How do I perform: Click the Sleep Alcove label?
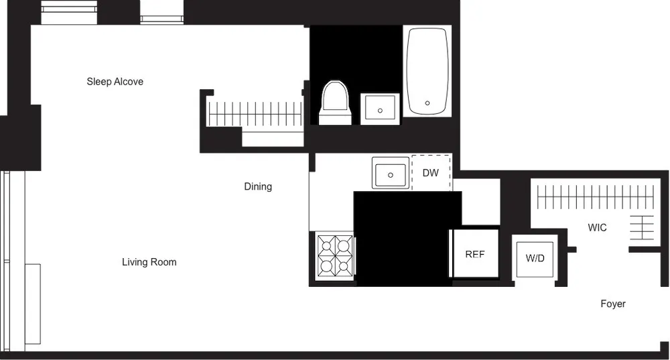tap(115, 82)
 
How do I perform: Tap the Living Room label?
tap(149, 262)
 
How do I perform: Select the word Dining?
tap(258, 186)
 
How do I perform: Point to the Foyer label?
tap(612, 304)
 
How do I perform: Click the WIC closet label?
tap(597, 228)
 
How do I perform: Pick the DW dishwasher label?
tap(431, 173)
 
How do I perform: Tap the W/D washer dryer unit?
tap(535, 257)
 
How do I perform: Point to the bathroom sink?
tap(380, 109)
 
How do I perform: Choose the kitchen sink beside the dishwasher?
tap(391, 173)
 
